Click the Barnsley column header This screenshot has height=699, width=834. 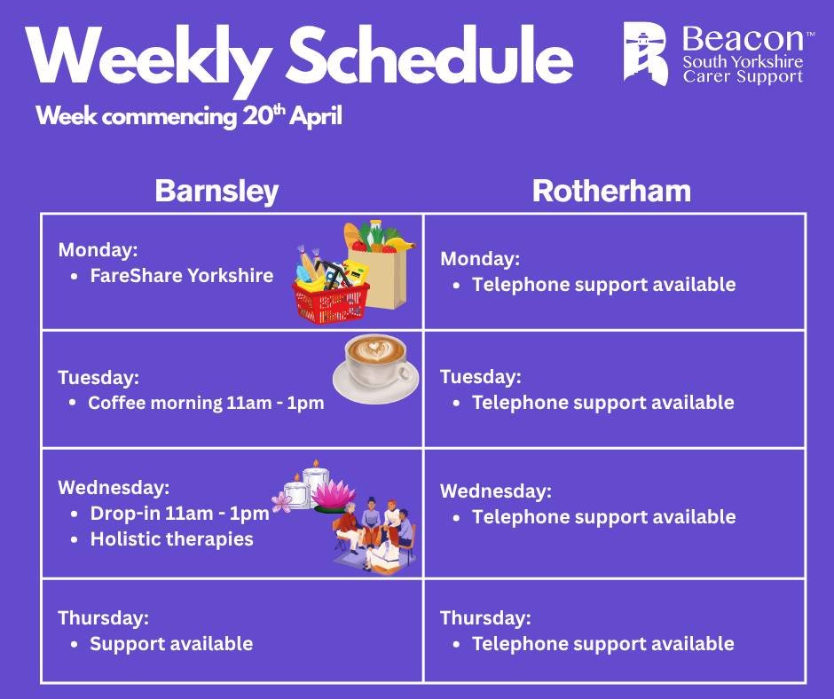(x=216, y=192)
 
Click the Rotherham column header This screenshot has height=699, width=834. (x=611, y=192)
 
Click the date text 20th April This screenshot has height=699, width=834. (x=292, y=117)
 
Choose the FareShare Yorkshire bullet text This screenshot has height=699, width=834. (x=182, y=275)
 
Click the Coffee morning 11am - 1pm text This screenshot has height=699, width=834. (x=206, y=403)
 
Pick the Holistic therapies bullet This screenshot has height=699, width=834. (x=171, y=538)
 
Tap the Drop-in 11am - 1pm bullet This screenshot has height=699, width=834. (x=179, y=514)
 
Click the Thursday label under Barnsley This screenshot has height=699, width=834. (x=103, y=617)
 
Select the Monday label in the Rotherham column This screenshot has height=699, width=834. (x=480, y=259)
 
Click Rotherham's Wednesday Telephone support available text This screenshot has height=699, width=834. (x=603, y=516)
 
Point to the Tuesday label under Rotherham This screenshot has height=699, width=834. (x=480, y=376)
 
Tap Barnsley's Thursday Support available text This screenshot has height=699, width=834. (x=171, y=643)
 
